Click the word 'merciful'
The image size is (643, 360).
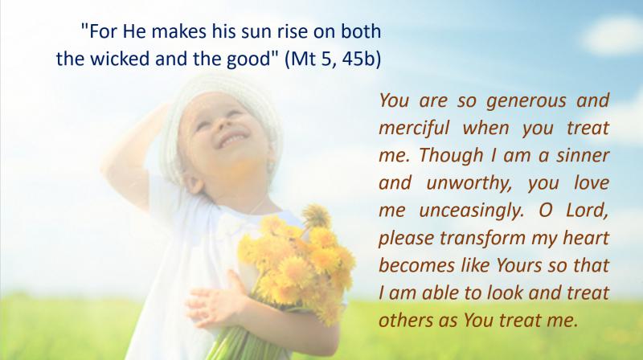point(414,128)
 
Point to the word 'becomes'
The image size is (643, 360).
point(417,265)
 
